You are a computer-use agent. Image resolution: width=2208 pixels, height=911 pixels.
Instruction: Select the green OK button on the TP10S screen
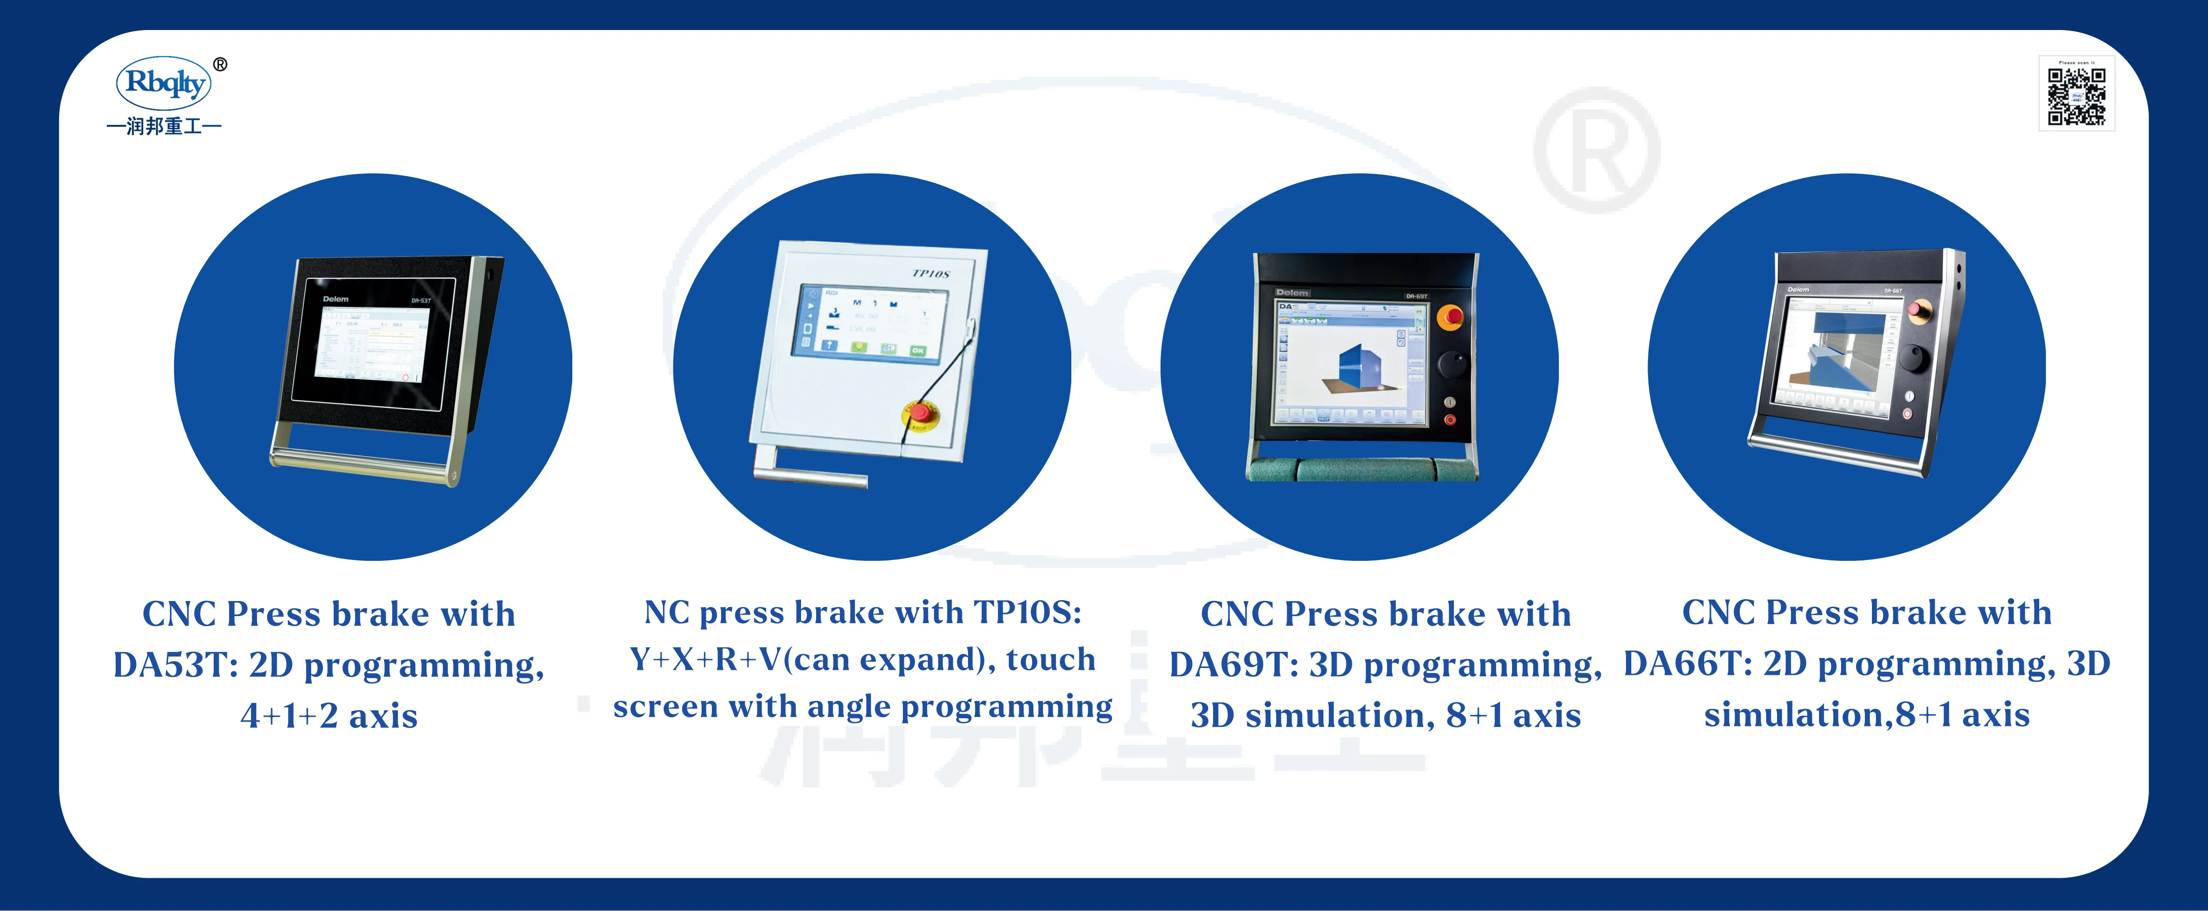tap(917, 350)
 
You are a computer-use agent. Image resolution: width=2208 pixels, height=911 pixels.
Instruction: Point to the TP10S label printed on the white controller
tap(931, 273)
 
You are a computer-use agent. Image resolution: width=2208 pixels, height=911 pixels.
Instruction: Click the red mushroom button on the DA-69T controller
tap(1449, 316)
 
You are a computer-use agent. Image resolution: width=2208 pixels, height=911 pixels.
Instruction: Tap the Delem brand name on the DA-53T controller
tap(336, 299)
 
